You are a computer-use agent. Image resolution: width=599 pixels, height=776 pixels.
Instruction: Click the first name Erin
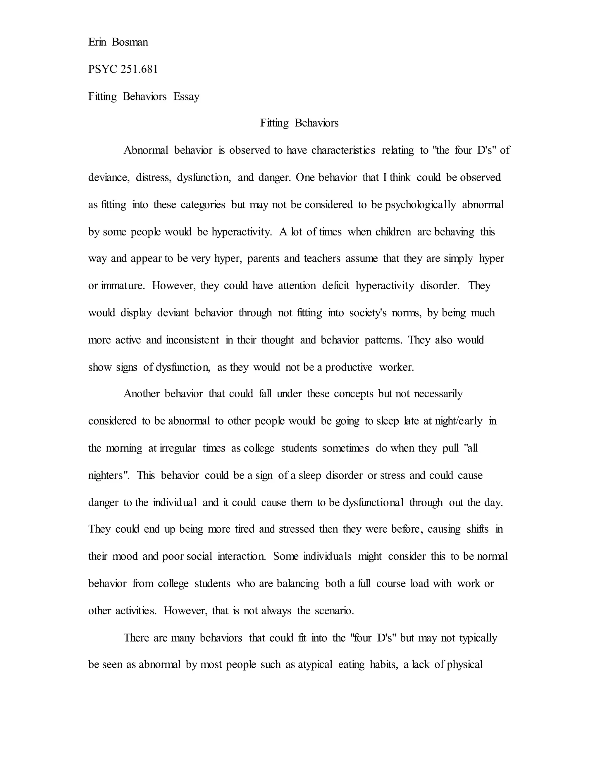[97, 42]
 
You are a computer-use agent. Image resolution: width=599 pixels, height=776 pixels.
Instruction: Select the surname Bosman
[130, 42]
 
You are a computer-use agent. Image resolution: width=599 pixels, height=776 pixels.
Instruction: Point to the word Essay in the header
[186, 96]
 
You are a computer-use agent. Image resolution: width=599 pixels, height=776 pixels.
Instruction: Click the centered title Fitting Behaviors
[299, 123]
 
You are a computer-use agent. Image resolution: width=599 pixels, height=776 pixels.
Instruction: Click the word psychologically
[421, 205]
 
